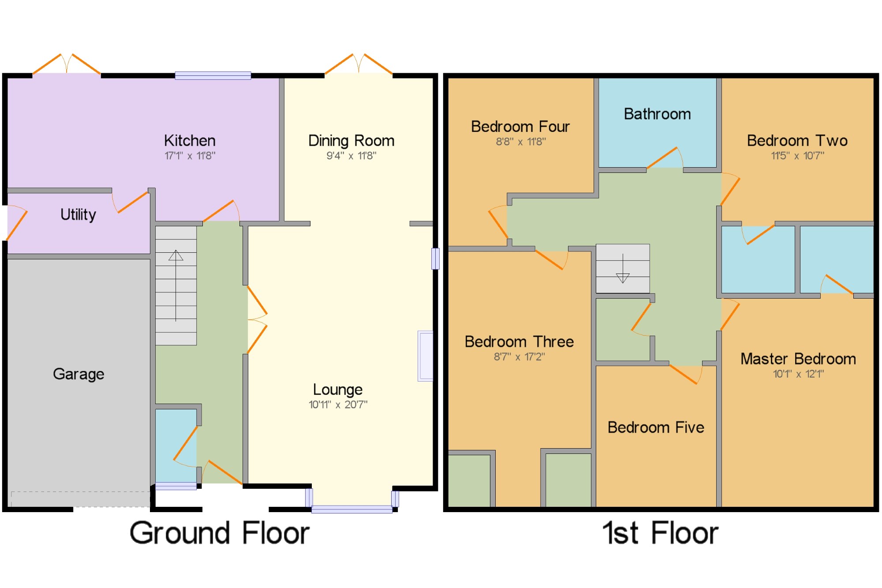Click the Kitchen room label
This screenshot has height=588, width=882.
[190, 141]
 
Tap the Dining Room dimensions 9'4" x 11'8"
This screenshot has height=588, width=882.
[351, 156]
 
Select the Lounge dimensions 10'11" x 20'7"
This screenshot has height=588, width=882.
[338, 404]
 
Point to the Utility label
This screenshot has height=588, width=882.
[78, 215]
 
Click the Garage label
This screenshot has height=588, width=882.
[78, 375]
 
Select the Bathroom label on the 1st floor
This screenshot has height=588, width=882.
[657, 114]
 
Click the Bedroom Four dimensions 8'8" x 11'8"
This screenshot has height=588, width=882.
[521, 142]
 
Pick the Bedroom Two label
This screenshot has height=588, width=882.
[797, 141]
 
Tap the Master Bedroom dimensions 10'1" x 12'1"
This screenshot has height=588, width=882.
[799, 374]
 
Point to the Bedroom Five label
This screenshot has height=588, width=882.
[656, 427]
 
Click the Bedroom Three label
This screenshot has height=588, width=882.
[519, 342]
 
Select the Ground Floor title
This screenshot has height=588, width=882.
[220, 533]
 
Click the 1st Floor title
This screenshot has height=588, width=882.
[660, 533]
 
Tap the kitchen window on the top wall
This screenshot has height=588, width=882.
[213, 75]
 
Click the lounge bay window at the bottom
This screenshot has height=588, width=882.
[352, 509]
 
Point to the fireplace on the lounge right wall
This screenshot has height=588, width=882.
[426, 356]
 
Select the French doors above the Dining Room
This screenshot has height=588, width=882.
[359, 64]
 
